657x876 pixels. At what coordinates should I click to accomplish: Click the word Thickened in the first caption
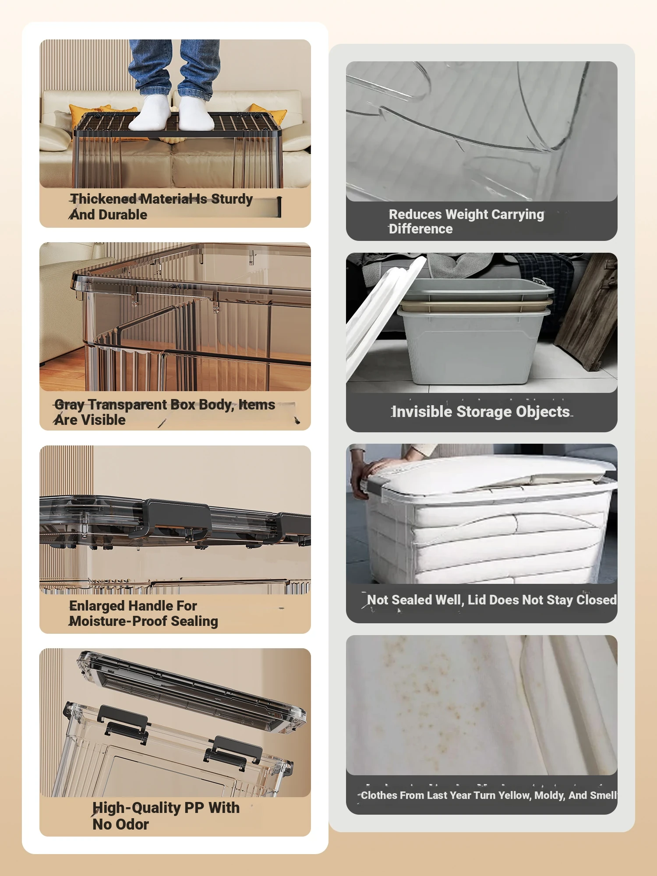click(x=103, y=199)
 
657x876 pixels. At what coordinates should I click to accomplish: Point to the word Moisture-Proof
click(x=118, y=621)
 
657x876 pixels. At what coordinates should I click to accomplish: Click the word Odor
click(x=132, y=824)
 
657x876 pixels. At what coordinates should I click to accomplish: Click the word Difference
click(x=420, y=229)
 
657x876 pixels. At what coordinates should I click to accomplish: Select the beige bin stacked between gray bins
click(x=475, y=306)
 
